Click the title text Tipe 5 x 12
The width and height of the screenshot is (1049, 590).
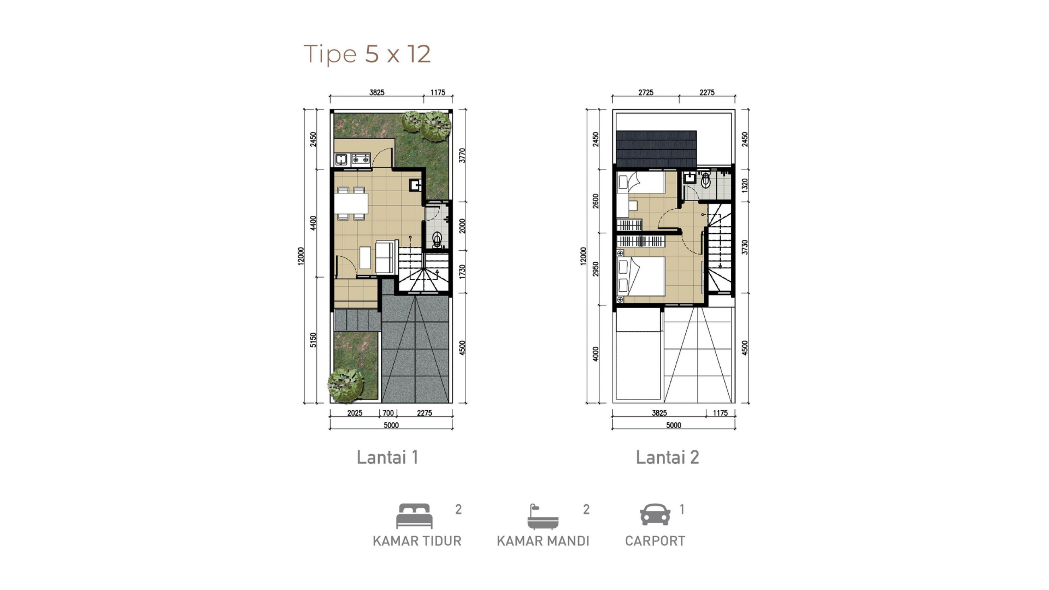(367, 55)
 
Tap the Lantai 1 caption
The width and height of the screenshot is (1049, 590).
(387, 457)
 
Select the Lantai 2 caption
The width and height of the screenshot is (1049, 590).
(667, 457)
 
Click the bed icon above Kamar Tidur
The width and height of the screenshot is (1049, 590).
(414, 516)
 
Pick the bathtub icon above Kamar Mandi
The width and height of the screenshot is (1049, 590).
(543, 517)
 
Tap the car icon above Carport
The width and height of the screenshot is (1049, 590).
(655, 515)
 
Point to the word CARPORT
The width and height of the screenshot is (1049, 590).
(655, 541)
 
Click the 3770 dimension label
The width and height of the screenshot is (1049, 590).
(462, 156)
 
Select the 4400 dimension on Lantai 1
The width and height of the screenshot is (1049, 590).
(313, 223)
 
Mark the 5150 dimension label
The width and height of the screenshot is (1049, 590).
(313, 340)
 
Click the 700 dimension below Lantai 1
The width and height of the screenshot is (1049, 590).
(388, 413)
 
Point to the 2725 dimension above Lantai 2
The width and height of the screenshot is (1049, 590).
(646, 92)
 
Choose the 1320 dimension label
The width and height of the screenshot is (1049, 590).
(745, 185)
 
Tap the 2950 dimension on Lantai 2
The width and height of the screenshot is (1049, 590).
(596, 269)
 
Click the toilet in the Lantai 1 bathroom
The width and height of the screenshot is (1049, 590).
(437, 239)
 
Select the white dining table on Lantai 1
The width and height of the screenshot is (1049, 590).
(351, 203)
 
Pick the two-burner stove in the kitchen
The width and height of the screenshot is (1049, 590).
(361, 159)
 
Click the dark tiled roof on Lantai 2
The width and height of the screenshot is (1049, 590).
(656, 150)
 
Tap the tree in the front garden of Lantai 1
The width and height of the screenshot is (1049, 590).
(345, 384)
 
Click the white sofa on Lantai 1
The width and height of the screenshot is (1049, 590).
(385, 257)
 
